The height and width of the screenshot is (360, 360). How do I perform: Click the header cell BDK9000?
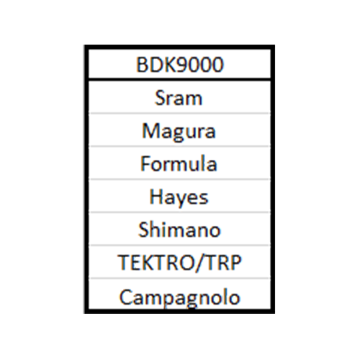tap(180, 64)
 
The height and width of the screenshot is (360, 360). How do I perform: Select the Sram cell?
tap(179, 98)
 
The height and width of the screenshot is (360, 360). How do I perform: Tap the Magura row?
tap(179, 131)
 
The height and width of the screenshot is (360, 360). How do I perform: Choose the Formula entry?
tap(179, 163)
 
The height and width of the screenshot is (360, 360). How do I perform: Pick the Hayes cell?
tap(179, 197)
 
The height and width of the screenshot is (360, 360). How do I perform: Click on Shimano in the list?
tap(179, 230)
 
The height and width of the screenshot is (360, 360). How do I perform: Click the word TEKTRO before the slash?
tap(156, 263)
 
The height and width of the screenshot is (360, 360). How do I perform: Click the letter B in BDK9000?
tap(142, 65)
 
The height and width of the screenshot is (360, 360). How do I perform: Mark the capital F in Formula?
tap(145, 163)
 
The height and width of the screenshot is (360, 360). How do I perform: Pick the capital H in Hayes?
tap(156, 197)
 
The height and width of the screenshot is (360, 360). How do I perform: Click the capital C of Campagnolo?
tap(125, 297)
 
